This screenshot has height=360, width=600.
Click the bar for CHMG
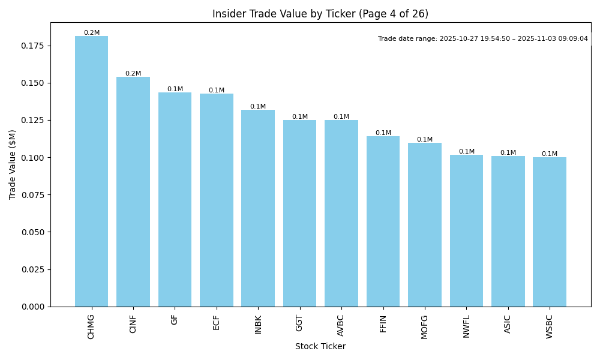(x=91, y=171)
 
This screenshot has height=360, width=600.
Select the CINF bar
(x=133, y=191)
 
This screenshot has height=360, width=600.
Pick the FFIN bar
(x=383, y=221)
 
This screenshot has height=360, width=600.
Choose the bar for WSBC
(x=550, y=232)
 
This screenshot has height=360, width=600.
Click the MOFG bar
(x=425, y=224)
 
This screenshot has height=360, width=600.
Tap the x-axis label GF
(x=175, y=320)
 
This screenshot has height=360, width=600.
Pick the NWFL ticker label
(x=466, y=326)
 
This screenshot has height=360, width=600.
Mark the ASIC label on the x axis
(x=508, y=324)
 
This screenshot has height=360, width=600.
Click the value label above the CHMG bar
(x=92, y=33)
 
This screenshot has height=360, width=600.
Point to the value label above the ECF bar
(x=217, y=91)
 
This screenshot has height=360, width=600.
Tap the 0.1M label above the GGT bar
(x=300, y=117)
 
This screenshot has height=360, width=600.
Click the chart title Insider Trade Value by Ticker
(x=320, y=14)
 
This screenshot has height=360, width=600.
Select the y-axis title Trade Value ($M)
(x=13, y=164)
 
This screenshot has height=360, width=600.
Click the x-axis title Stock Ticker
(x=320, y=347)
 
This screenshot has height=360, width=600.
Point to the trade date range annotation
(x=483, y=38)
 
